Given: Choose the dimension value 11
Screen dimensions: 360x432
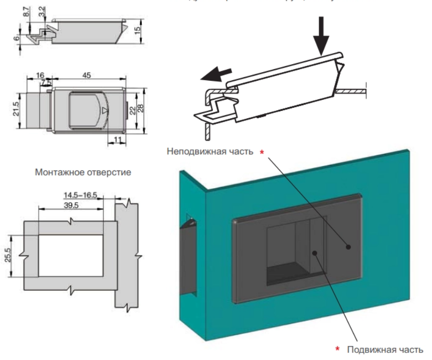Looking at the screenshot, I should pyautogui.click(x=117, y=137).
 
